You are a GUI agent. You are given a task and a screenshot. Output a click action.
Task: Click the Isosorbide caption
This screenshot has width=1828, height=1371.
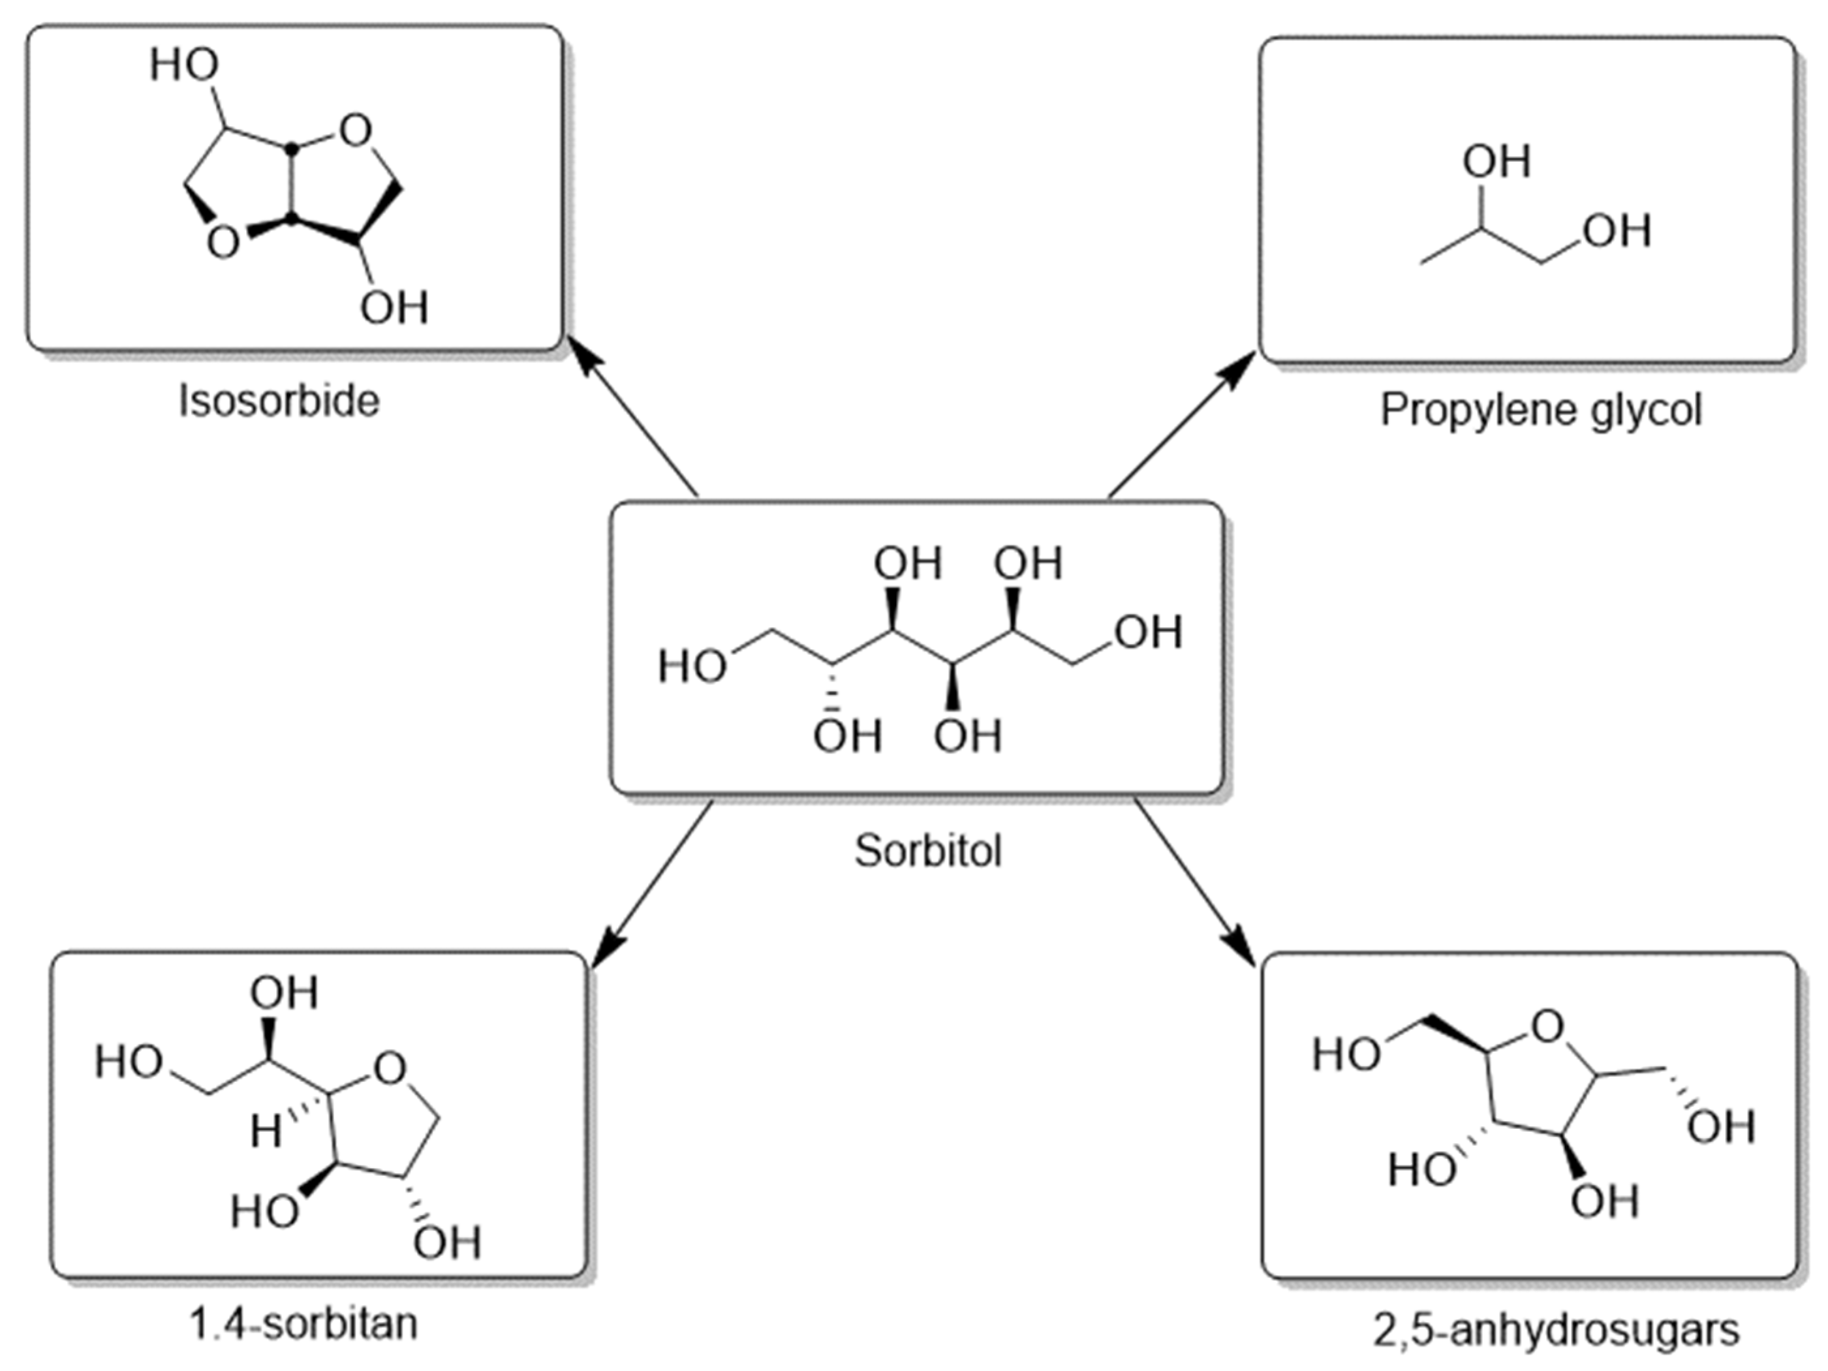[279, 401]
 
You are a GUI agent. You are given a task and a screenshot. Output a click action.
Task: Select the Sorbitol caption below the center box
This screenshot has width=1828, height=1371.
[928, 850]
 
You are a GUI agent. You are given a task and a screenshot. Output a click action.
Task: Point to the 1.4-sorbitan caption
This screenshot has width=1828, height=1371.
[303, 1324]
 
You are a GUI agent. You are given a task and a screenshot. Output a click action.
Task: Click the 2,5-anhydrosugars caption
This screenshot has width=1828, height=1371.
[1556, 1330]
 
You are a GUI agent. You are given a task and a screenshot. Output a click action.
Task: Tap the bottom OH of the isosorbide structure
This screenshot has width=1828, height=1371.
[394, 308]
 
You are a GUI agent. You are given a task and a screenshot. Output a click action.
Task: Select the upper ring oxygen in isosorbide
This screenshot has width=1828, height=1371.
[355, 131]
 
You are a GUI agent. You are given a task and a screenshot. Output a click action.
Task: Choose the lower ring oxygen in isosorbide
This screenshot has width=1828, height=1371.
[223, 243]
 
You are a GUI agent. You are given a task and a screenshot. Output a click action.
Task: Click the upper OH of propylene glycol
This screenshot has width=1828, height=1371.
[1496, 161]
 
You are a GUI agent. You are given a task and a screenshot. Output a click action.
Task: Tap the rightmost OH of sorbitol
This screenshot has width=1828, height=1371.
[1149, 632]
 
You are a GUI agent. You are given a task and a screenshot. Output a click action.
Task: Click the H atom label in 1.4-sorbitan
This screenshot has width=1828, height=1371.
[266, 1132]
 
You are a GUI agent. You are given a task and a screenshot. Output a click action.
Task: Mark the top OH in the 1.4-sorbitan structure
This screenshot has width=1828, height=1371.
[285, 993]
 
